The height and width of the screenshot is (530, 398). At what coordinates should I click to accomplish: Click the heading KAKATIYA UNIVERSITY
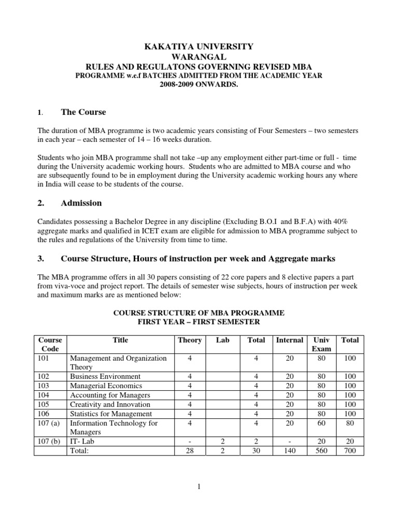point(199,47)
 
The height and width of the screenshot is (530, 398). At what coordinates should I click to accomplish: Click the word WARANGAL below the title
point(199,56)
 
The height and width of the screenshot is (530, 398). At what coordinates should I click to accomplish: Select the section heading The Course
point(83,112)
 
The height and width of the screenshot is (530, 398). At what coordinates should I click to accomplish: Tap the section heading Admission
point(81,203)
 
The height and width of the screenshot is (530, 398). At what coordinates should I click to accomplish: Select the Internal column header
point(289,340)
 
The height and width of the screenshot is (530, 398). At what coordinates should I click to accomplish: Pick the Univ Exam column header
point(321,344)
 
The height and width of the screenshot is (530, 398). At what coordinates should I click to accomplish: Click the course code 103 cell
point(44,386)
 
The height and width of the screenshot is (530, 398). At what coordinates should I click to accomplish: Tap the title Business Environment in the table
point(105,376)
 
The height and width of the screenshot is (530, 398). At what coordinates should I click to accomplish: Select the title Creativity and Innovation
point(110,404)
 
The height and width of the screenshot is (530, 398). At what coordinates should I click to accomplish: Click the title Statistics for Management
point(111,414)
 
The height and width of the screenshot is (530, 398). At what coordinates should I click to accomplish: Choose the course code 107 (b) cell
point(49,441)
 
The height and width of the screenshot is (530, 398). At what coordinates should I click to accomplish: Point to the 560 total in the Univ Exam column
point(321,451)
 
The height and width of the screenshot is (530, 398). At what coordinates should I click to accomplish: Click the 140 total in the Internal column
point(289,451)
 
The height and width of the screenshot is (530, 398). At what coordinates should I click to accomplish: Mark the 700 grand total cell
point(350,451)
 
